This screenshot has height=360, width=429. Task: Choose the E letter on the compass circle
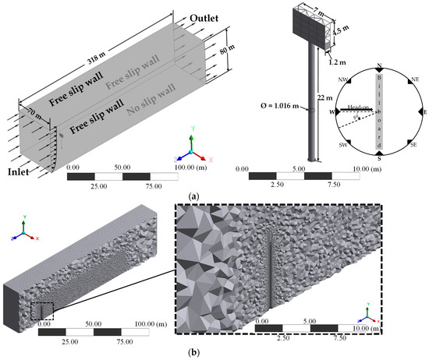coord(423,112)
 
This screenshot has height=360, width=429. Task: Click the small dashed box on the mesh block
coord(41,311)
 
